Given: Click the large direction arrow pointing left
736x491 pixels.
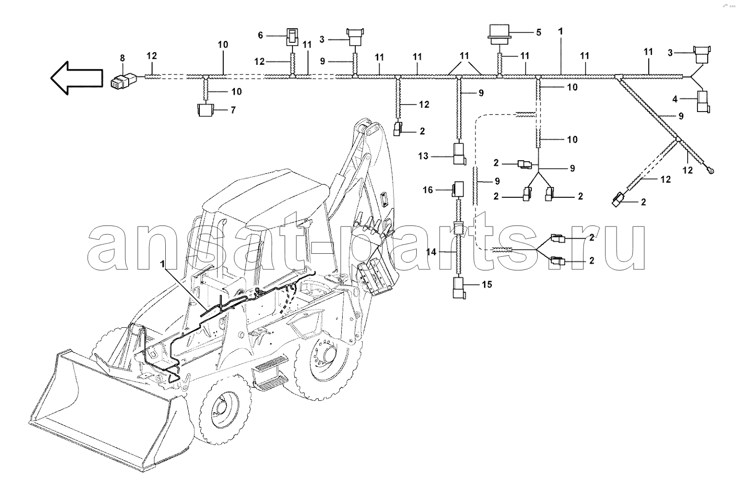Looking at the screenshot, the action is (x=76, y=78).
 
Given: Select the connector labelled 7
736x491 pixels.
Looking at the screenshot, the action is (x=205, y=110).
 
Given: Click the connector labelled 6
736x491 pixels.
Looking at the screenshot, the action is (x=292, y=36).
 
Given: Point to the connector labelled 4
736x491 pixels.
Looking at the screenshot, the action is (x=704, y=102).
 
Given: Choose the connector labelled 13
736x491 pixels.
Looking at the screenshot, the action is (x=459, y=154).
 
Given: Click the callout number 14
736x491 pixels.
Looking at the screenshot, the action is (x=431, y=252).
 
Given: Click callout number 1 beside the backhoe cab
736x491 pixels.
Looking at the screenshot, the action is (x=163, y=264).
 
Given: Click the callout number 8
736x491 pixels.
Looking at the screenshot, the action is (x=122, y=58).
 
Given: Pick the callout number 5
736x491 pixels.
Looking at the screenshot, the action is (x=539, y=32).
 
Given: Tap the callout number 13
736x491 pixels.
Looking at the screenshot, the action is (x=423, y=156).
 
